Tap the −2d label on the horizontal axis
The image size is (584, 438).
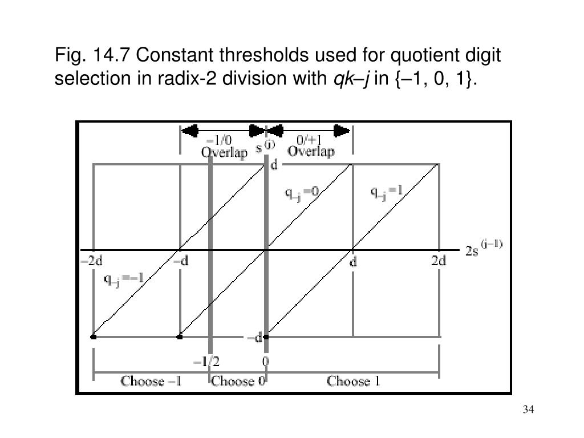click(91, 262)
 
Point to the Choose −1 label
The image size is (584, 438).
click(151, 381)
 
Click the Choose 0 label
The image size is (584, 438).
click(238, 381)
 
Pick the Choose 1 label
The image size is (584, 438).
click(354, 381)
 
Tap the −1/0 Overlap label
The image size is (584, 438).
click(224, 146)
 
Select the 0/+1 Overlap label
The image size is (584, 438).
click(311, 146)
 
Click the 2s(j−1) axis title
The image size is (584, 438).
click(484, 250)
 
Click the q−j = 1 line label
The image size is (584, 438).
click(387, 194)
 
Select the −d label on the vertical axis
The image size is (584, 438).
click(254, 338)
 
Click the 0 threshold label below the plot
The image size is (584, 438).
click(265, 361)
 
